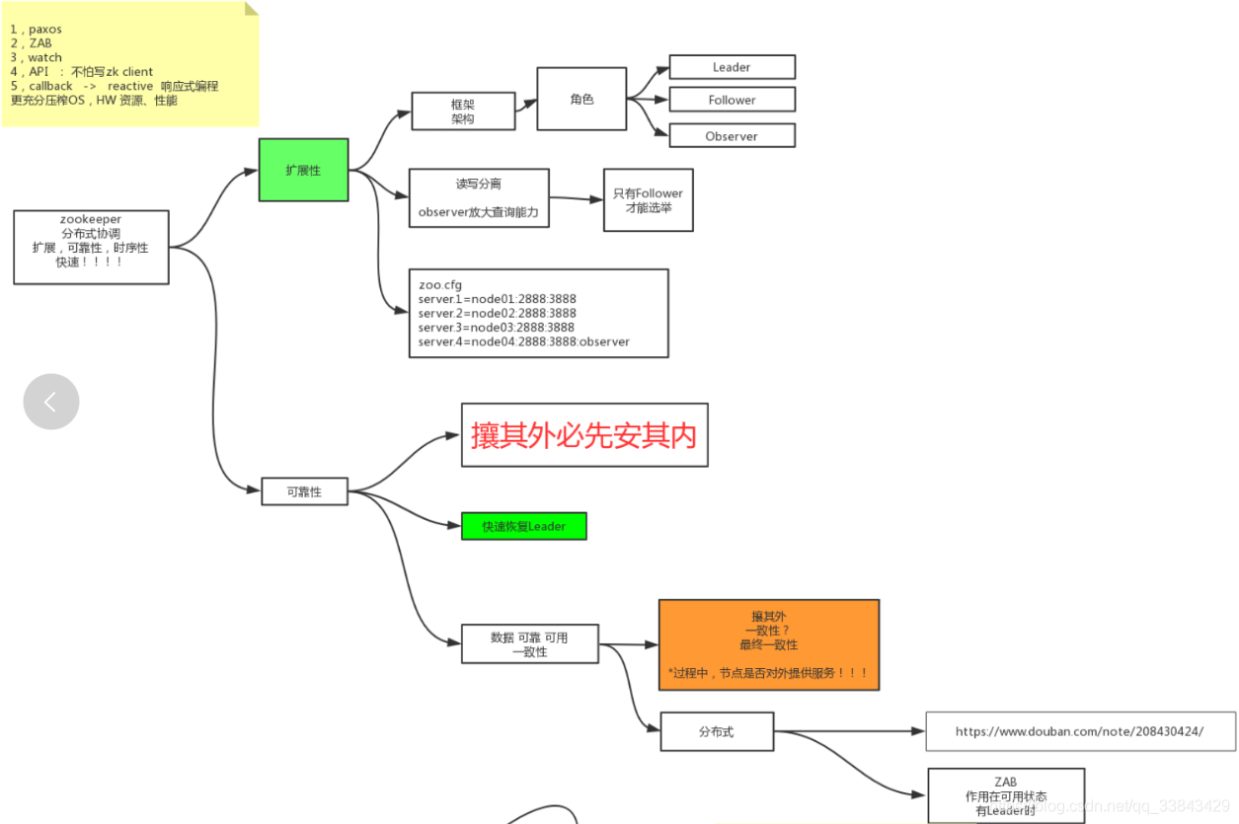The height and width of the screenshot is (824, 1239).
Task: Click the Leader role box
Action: tap(732, 67)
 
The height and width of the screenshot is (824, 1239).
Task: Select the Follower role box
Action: tap(732, 100)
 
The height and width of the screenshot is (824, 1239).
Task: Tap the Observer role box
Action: tap(732, 136)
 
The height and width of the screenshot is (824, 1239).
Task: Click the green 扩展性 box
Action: tap(303, 170)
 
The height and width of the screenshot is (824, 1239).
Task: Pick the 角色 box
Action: tap(581, 99)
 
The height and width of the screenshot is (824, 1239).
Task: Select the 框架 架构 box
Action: tap(463, 112)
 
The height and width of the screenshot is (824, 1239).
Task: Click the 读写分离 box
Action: tap(479, 197)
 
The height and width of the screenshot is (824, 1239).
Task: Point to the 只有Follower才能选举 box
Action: tap(648, 200)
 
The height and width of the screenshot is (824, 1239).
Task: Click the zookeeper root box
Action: tap(91, 247)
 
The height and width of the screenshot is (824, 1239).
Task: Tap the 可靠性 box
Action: tap(304, 490)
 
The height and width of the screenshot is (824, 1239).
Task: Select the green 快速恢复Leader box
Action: tap(523, 526)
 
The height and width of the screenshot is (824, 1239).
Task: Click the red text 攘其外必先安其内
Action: tap(584, 435)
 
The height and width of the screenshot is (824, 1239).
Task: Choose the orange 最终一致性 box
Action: tap(768, 644)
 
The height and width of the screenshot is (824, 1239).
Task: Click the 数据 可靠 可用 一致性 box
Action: tap(529, 643)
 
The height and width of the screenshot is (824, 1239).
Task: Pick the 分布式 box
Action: tap(717, 731)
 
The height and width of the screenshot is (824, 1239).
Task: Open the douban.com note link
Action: tap(1079, 731)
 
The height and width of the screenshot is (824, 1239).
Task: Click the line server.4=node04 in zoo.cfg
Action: tap(523, 341)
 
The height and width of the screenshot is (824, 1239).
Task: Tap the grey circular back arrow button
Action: tap(51, 402)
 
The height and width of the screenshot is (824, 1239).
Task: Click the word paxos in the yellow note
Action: tap(45, 30)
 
